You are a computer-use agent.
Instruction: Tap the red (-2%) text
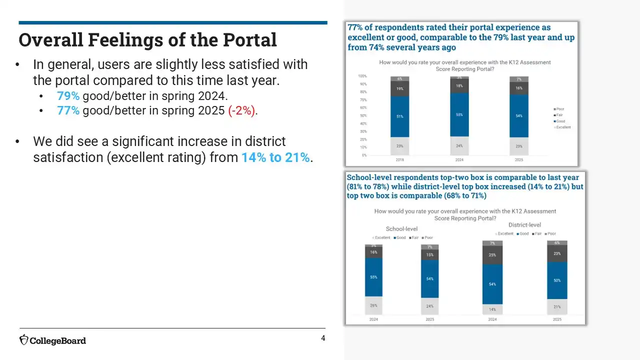(242, 110)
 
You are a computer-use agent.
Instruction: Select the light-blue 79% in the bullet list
(68, 96)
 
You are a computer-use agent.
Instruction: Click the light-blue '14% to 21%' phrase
(275, 157)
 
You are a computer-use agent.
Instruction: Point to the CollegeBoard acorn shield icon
(24, 340)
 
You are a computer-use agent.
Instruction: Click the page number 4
(323, 338)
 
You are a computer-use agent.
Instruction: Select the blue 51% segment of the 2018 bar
(400, 116)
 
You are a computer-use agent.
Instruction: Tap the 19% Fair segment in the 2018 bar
(400, 88)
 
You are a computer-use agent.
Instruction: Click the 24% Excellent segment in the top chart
(459, 145)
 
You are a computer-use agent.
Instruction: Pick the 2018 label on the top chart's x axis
(400, 160)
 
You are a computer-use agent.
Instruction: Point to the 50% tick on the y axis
(362, 115)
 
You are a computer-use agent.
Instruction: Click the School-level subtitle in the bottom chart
(401, 229)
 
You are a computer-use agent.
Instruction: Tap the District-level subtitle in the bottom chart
(524, 225)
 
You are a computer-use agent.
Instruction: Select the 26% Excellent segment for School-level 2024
(373, 305)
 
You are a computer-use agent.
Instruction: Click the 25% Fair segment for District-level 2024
(492, 255)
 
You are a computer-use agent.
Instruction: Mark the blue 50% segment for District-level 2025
(557, 280)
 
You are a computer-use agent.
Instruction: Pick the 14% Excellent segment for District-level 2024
(492, 309)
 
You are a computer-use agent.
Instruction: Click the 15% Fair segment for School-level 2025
(430, 255)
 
